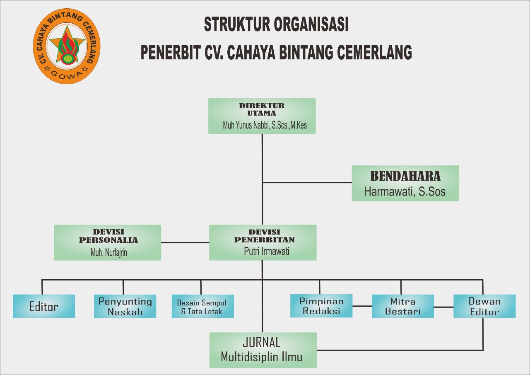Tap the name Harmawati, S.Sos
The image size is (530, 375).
coord(405,192)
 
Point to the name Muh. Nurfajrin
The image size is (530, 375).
coord(109,253)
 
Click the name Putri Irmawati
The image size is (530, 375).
coord(267,251)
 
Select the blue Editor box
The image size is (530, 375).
coord(44,307)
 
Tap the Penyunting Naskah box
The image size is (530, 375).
coord(125,307)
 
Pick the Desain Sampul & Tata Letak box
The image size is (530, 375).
coord(202,307)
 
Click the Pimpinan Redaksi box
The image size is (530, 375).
coord(321,306)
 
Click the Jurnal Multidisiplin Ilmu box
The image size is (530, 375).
coord(263,350)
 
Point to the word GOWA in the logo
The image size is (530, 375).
coord(67,75)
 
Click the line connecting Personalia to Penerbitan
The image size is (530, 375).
coord(185,242)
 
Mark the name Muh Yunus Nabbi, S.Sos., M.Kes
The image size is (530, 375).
coord(265,125)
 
